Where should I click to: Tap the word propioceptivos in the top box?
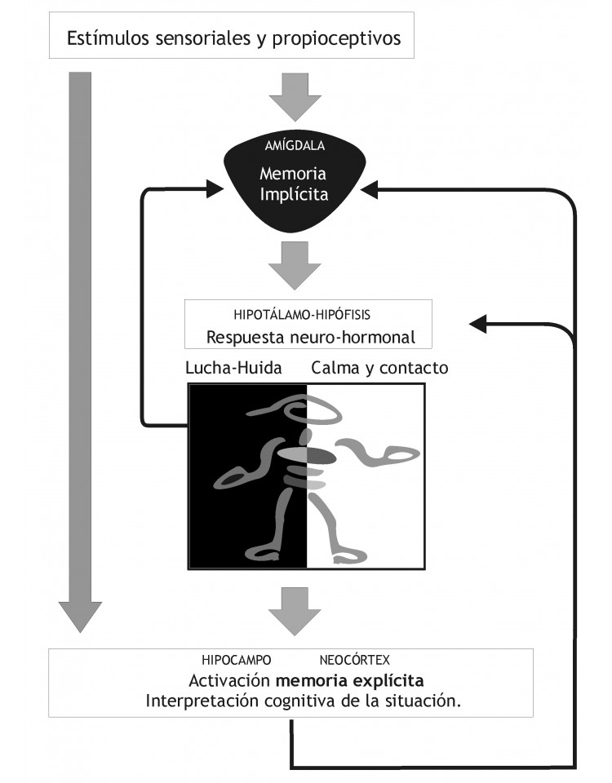336,39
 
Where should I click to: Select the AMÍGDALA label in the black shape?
295,145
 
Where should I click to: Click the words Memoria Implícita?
294,184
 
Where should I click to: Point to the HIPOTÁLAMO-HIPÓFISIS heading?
302,315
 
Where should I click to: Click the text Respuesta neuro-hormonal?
310,337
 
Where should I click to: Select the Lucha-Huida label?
233,368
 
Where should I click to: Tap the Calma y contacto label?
379,368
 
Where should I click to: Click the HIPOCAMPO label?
237,660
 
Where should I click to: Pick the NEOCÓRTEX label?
354,660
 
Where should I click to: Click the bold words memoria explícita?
350,680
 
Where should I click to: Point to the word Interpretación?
202,701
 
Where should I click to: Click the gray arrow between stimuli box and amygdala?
295,97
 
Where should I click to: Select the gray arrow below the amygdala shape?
295,266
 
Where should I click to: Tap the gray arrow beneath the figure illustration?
295,611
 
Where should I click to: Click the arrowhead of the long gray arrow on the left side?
81,617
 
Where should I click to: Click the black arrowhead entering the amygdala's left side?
215,189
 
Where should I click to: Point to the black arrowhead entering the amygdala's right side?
369,190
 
